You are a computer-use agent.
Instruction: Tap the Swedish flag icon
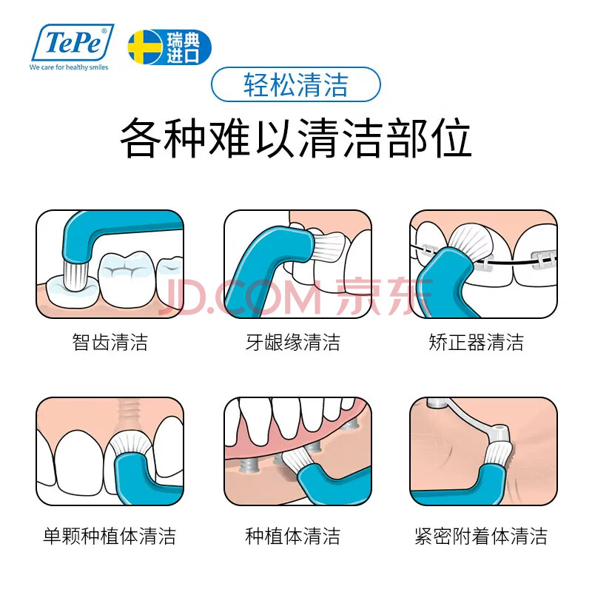click(145, 47)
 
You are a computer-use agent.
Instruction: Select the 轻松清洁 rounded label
click(295, 84)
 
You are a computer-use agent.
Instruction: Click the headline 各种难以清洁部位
click(295, 138)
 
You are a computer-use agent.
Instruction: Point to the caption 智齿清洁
click(110, 342)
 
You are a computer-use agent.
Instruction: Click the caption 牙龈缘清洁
click(293, 342)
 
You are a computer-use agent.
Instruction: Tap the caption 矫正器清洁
click(476, 342)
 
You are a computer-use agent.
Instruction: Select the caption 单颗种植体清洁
click(110, 536)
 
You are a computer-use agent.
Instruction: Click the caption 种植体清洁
click(293, 536)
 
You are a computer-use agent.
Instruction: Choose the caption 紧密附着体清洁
click(480, 536)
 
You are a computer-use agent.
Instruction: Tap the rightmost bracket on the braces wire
click(545, 260)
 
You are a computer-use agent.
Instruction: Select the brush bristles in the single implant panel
click(131, 445)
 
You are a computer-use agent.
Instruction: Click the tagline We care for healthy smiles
click(69, 67)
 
